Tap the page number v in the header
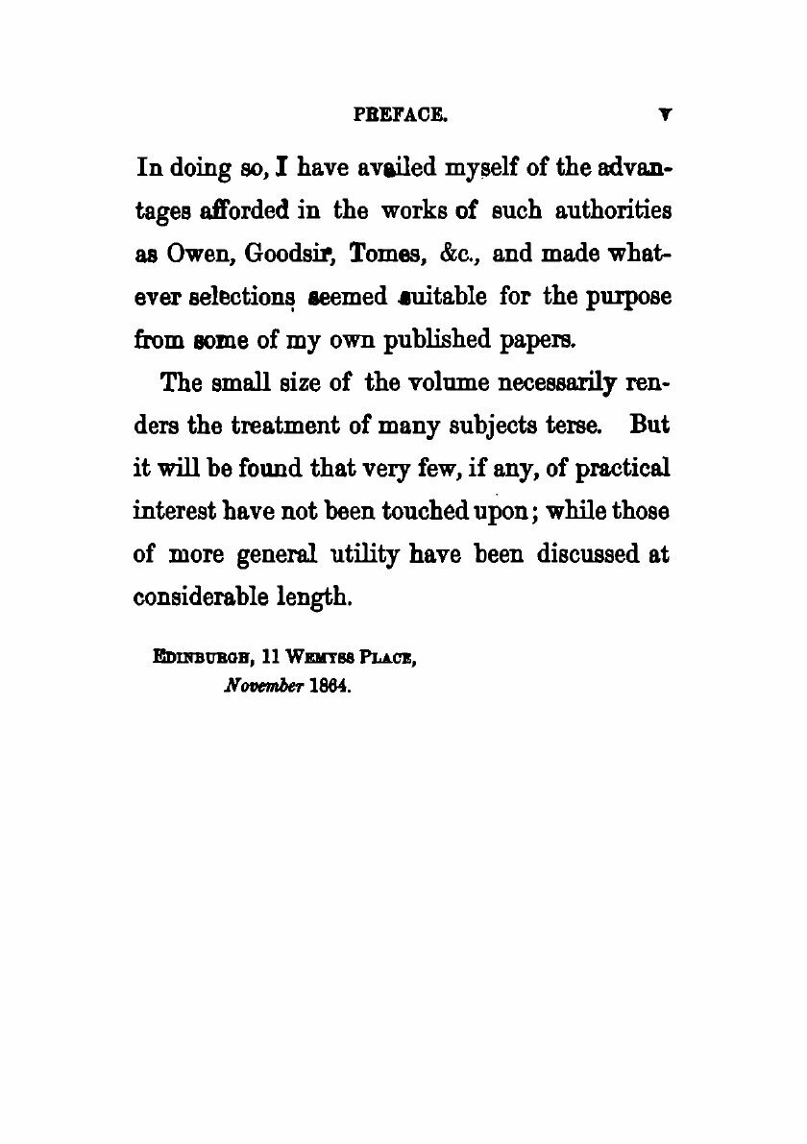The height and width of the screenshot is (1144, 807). pos(664,114)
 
